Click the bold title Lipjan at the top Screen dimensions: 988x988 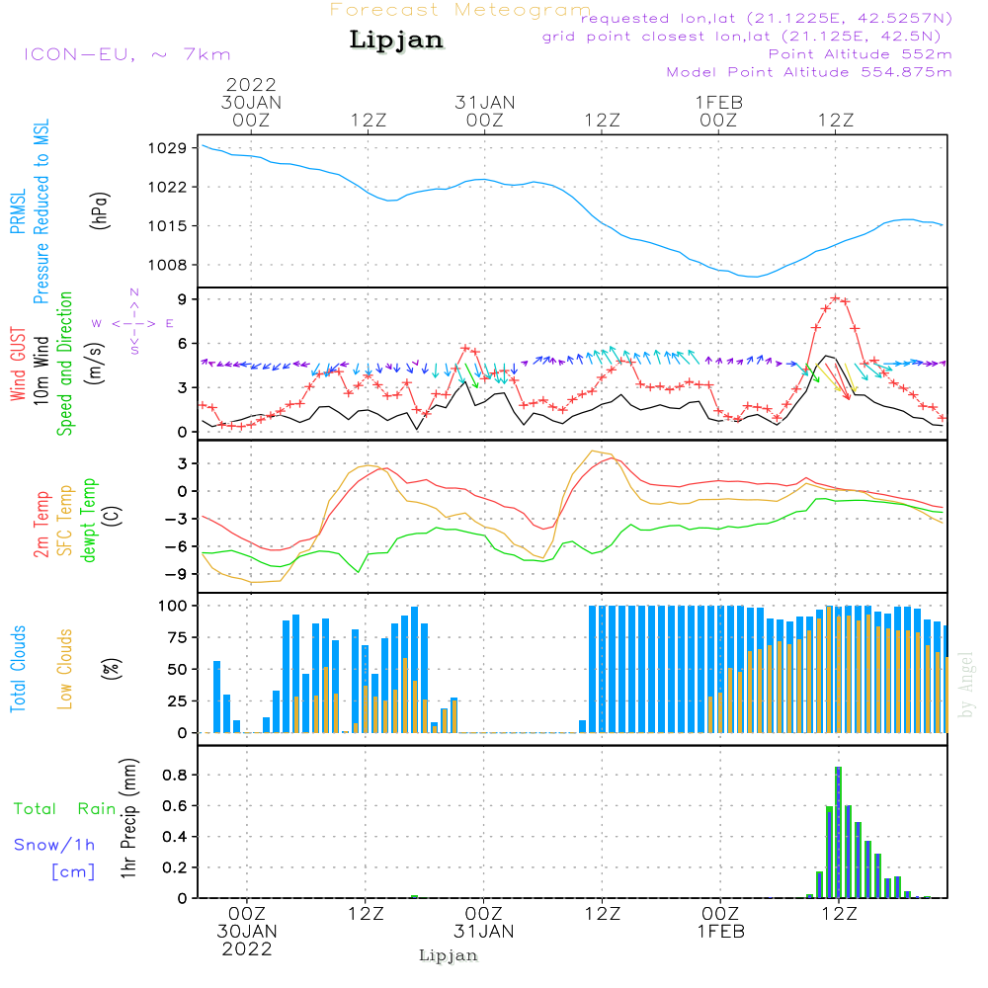[396, 40]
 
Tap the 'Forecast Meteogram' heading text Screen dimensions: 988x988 [460, 10]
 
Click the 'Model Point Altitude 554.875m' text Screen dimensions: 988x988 [809, 72]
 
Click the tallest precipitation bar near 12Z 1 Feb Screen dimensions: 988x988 [838, 830]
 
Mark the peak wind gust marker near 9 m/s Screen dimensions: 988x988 [836, 297]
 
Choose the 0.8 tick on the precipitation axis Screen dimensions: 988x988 [176, 775]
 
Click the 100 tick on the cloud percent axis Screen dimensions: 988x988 [172, 605]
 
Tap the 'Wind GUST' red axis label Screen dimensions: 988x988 [18, 365]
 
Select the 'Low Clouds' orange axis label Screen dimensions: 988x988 [65, 668]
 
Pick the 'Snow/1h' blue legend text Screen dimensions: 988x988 [55, 845]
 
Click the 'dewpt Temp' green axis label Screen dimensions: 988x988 [90, 521]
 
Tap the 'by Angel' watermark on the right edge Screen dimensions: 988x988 [966, 685]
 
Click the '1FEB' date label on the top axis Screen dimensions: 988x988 [719, 102]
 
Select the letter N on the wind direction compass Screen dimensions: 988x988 [134, 291]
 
